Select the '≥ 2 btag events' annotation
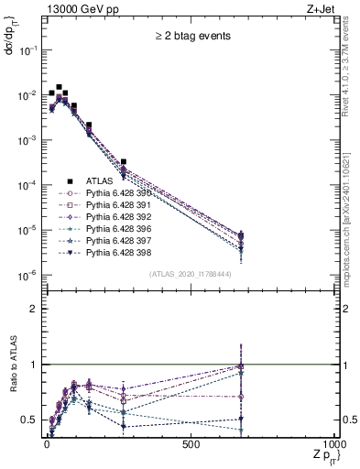pyautogui.click(x=191, y=37)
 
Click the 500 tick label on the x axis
pyautogui.click(x=191, y=445)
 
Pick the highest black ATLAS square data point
pyautogui.click(x=59, y=88)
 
